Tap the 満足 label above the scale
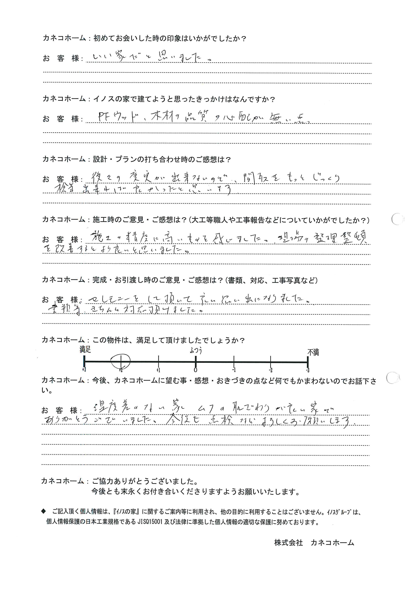tap(85, 349)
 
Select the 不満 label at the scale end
tap(313, 352)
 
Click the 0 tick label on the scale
tap(195, 370)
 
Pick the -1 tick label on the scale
tap(234, 370)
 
